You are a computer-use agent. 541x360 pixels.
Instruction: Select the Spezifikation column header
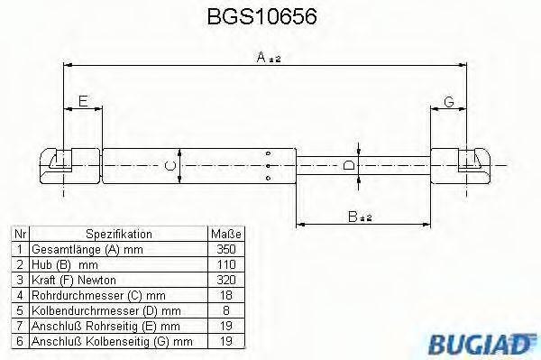(x=116, y=233)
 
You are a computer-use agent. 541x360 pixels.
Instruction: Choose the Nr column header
(x=18, y=233)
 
